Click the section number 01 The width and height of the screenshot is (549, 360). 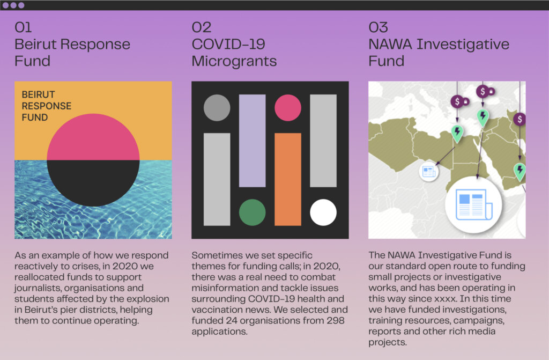point(23,27)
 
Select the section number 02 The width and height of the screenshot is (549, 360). point(202,27)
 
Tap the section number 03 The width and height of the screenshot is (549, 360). point(378,27)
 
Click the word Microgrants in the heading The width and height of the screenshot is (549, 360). point(234,61)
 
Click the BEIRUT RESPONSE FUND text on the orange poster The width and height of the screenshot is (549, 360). point(46,106)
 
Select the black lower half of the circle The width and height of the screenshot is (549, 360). point(93,183)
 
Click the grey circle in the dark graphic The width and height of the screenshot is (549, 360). point(217,108)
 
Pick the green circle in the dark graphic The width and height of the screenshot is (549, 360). point(252,212)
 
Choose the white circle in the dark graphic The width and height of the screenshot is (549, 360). point(323,212)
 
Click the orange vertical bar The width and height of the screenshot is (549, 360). point(288,179)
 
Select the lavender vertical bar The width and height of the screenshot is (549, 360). point(252,141)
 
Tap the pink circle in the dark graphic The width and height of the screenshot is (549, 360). point(288,108)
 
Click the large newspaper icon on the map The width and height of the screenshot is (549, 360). point(473,204)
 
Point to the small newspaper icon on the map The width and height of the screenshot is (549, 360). point(429,171)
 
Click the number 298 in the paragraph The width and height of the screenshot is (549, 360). point(336,320)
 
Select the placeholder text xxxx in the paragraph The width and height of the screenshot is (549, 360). point(446,299)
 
